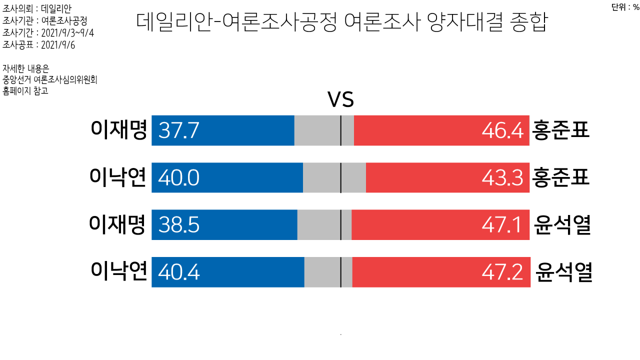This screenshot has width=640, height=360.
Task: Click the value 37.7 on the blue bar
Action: point(179,131)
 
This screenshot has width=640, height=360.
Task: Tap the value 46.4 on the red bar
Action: point(502,131)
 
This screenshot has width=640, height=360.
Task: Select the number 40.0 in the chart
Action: point(179,178)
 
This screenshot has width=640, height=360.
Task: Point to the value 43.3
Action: point(502,178)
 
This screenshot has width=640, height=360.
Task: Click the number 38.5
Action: point(179,225)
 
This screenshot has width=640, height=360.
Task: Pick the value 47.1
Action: point(502,225)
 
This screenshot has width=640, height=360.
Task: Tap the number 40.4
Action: point(179,272)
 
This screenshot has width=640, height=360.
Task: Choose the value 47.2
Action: point(502,272)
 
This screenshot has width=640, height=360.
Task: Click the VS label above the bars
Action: point(340,100)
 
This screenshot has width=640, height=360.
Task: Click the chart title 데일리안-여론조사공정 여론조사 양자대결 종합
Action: point(341,22)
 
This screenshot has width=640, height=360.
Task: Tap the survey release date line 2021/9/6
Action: point(38,45)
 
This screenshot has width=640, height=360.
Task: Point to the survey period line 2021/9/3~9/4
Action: point(48,33)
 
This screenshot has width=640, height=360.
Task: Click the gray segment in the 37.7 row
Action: point(317,130)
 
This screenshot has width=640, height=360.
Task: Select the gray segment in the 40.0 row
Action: point(322,177)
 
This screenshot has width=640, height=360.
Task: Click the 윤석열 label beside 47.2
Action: point(563,272)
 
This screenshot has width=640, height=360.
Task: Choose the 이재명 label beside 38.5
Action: point(117,225)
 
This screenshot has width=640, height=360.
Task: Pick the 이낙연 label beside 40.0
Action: point(118,178)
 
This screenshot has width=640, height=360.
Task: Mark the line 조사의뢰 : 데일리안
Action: point(37,9)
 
